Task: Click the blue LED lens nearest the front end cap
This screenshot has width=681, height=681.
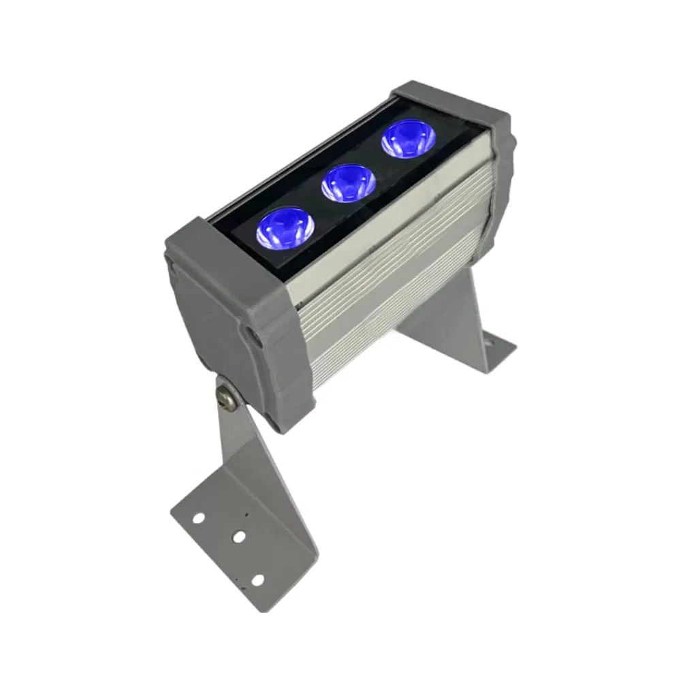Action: tap(285, 227)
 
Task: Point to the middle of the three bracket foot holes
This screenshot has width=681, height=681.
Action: tap(238, 538)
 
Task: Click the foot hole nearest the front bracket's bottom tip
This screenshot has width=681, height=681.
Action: tap(257, 580)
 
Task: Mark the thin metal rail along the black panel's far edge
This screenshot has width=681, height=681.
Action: tap(300, 153)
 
